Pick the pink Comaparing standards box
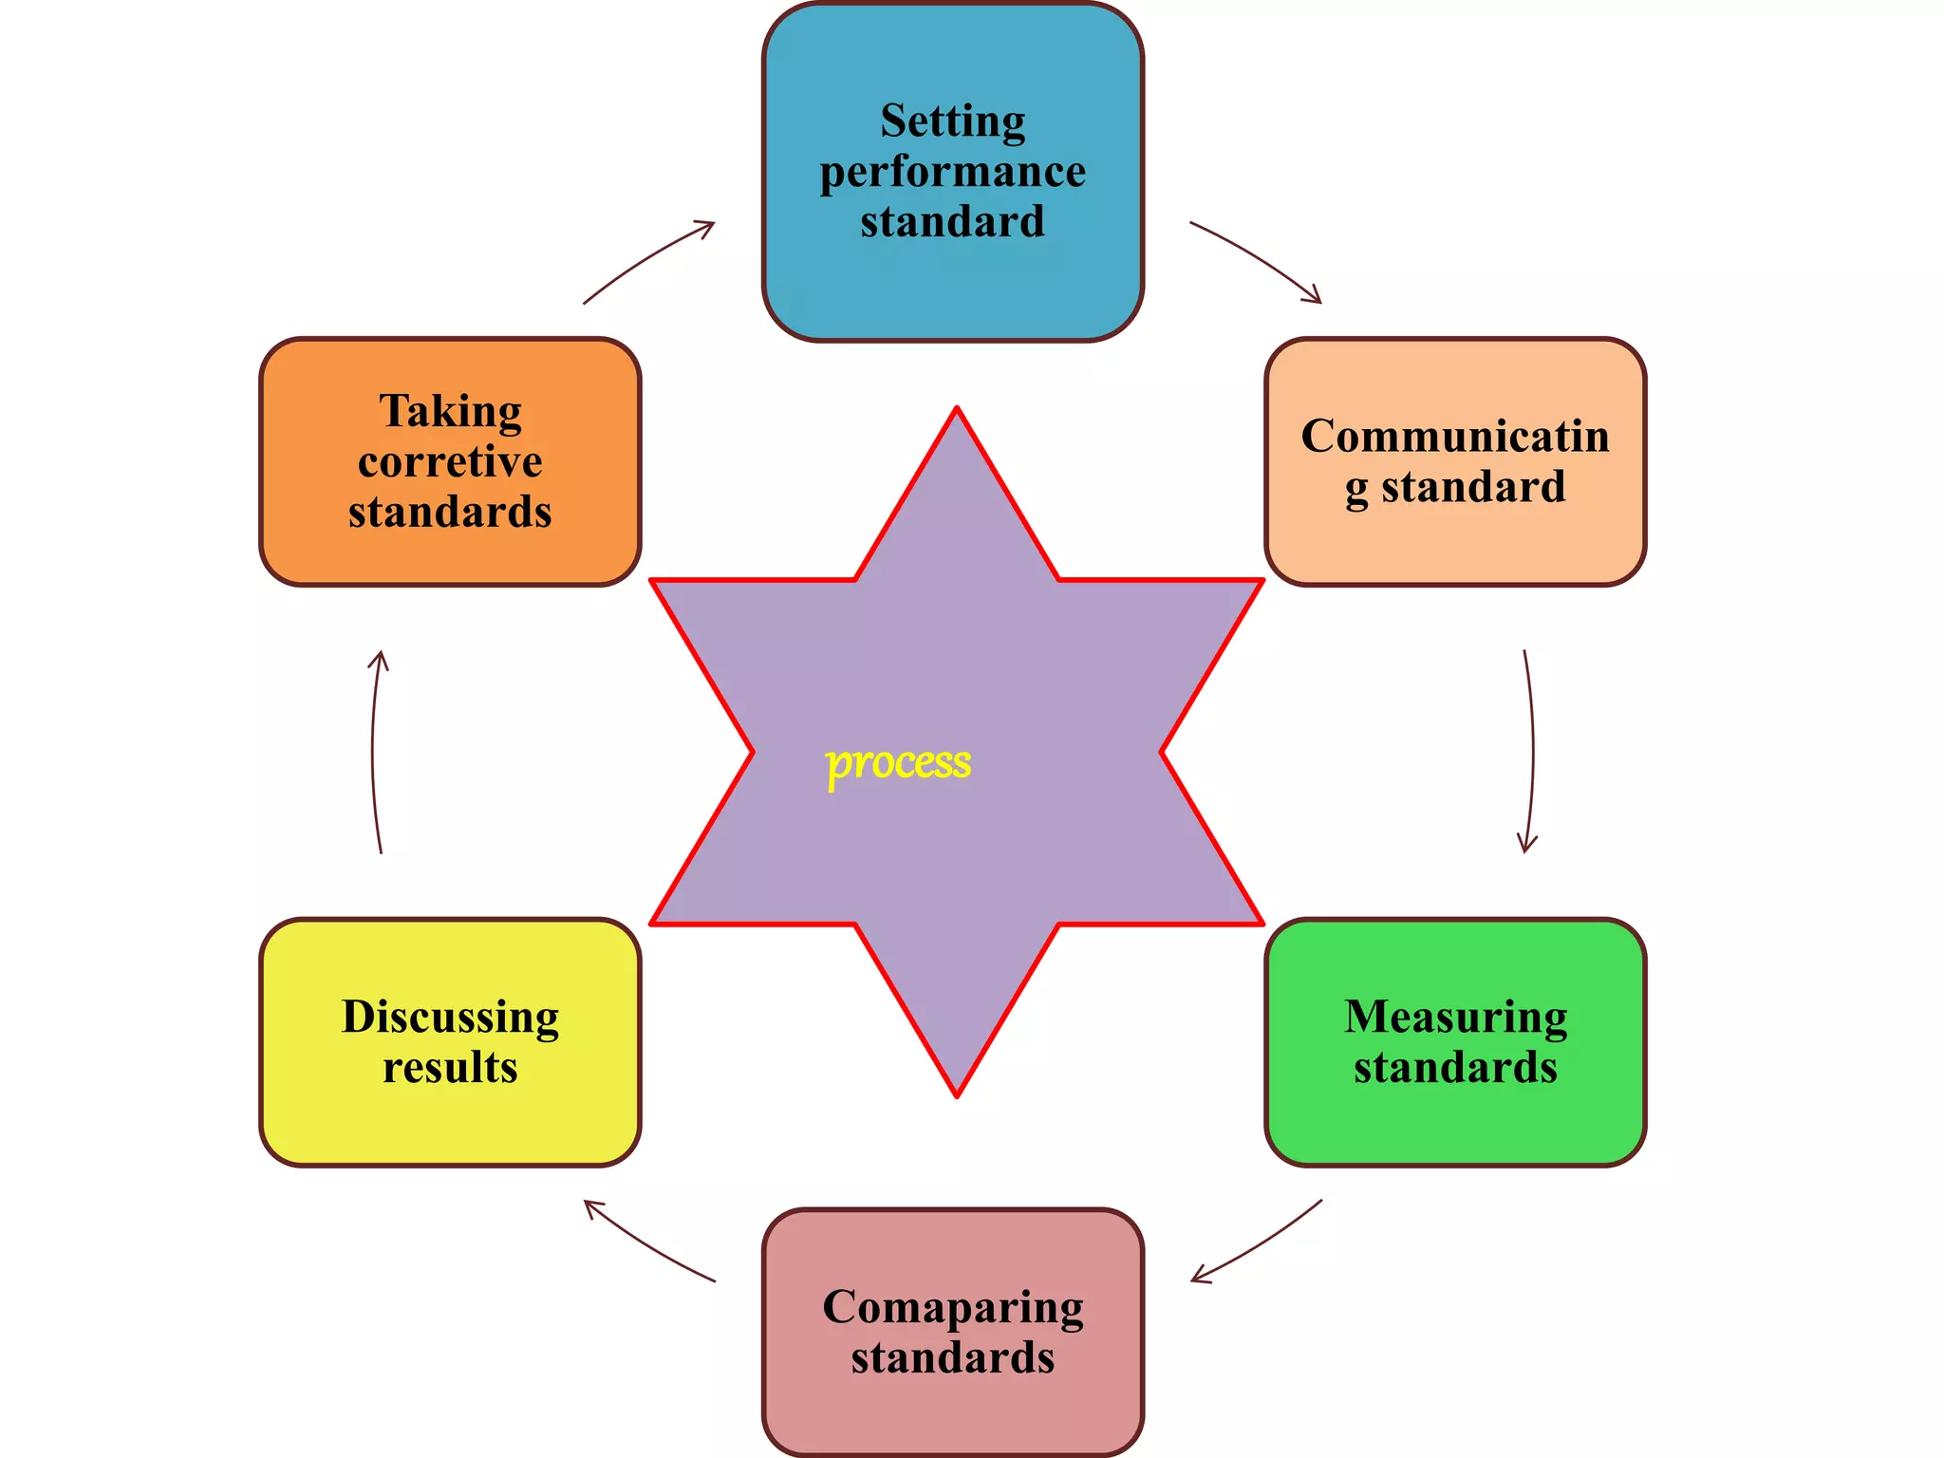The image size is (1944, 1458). click(x=952, y=1414)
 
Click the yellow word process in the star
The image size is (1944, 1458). click(x=898, y=763)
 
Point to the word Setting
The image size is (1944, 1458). click(x=952, y=121)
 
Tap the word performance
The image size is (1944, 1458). click(x=952, y=172)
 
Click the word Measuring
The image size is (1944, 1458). click(x=1455, y=1017)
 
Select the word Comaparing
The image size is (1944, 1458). click(x=952, y=1307)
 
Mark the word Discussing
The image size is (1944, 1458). click(x=450, y=1017)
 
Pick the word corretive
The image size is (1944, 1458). click(x=450, y=462)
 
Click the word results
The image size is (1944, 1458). click(x=450, y=1067)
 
